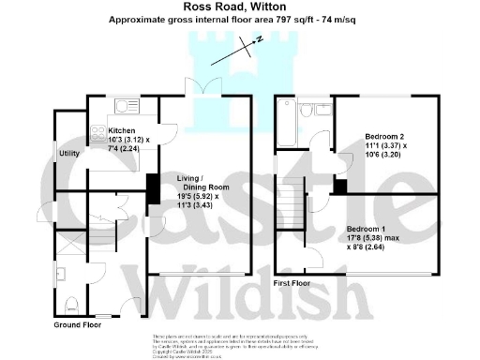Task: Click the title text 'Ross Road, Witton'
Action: tap(239, 7)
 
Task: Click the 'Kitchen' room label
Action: tap(122, 130)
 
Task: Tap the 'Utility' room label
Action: tap(68, 152)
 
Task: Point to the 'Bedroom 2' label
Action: tap(384, 136)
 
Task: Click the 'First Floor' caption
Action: tap(292, 281)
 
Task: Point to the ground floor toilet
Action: tap(73, 303)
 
